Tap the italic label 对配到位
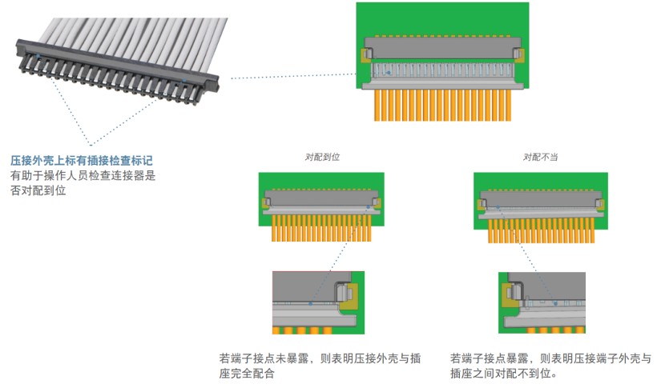(323, 157)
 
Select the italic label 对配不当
(540, 157)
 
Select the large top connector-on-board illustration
(442, 61)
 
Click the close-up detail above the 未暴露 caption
(318, 302)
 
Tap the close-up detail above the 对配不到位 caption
(542, 303)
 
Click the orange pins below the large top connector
(442, 104)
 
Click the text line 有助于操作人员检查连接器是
(83, 176)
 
